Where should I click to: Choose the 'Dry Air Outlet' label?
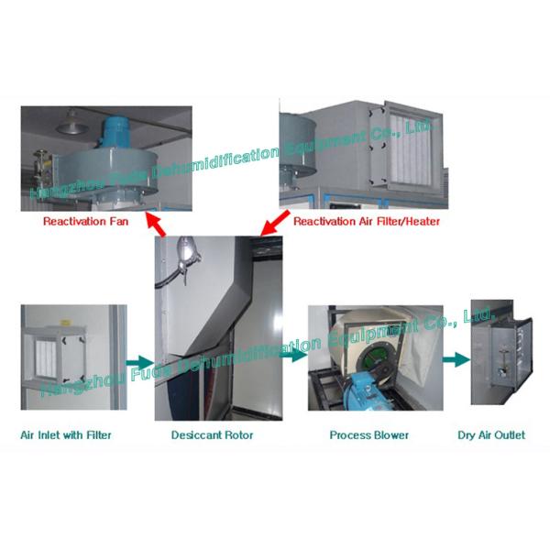(492, 434)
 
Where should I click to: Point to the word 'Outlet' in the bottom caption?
(510, 434)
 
